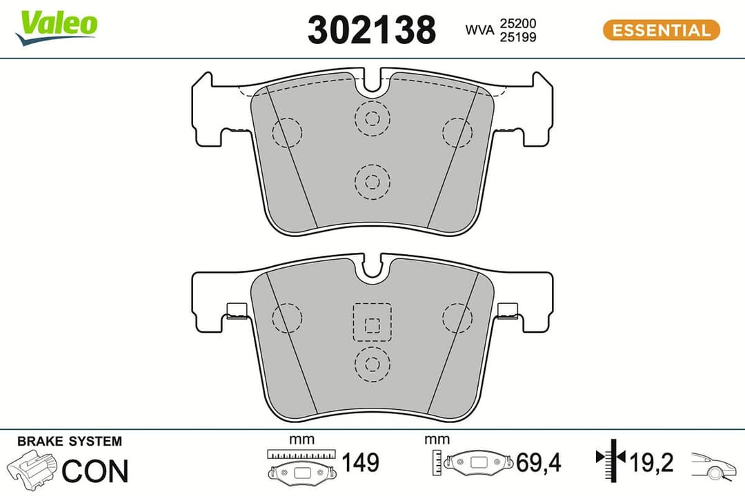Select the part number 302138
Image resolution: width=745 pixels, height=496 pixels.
pos(372,30)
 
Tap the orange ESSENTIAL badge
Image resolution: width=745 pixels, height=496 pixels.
pos(661,30)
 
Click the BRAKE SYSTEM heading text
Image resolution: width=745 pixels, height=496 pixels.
pos(69,441)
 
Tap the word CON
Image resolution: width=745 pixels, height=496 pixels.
pos(95,471)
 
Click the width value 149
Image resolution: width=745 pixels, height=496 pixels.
pos(360,462)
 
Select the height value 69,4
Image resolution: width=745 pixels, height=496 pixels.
pos(538,462)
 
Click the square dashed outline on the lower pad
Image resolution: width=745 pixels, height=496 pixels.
pos(372,322)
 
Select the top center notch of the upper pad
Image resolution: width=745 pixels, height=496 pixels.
pos(372,83)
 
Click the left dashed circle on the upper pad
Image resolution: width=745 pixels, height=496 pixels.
pos(288,132)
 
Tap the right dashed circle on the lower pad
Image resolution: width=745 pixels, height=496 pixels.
pos(457,317)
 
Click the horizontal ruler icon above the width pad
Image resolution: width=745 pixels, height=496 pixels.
pos(301,455)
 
